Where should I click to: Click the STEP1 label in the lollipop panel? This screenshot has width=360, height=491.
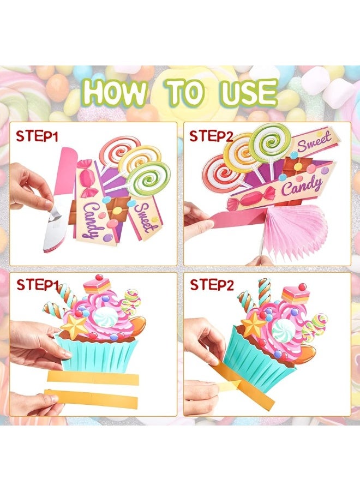[37, 136]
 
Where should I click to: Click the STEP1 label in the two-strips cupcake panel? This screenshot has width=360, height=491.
[37, 285]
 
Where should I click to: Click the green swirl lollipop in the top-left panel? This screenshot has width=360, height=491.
[148, 177]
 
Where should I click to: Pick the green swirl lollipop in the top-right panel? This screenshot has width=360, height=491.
[270, 141]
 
